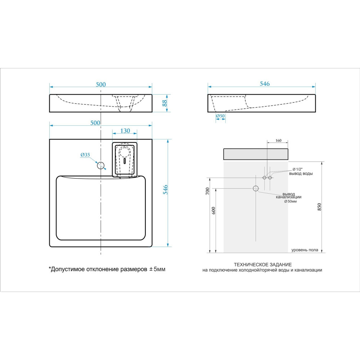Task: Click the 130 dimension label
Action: (x=125, y=131)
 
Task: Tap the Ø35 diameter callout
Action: (x=85, y=155)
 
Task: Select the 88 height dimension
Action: (x=165, y=103)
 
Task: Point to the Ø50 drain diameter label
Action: (x=220, y=116)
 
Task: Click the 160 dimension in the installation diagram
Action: (x=278, y=140)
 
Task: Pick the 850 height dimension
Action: (x=319, y=207)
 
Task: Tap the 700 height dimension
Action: (x=208, y=191)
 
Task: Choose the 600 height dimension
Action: (x=214, y=211)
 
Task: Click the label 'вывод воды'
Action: (x=301, y=174)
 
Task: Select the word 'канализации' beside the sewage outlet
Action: (x=289, y=197)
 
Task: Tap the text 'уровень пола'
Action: (x=305, y=250)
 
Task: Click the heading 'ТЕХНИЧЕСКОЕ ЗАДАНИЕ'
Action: (x=263, y=265)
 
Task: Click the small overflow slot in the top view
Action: (x=125, y=161)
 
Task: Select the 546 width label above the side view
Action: (x=265, y=84)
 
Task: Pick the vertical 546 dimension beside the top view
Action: (x=165, y=190)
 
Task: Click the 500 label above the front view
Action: (x=101, y=85)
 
